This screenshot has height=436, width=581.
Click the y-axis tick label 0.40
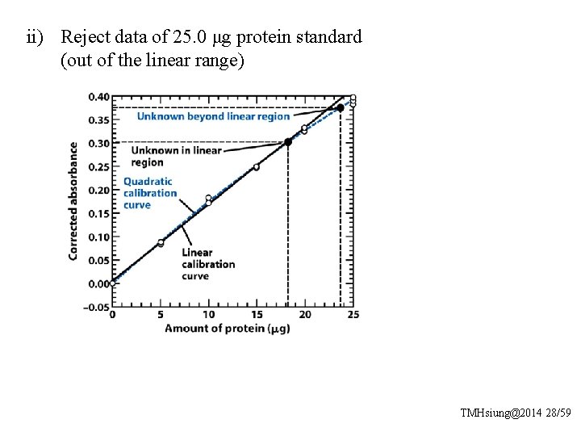pos(98,97)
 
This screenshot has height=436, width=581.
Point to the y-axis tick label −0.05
pos(97,308)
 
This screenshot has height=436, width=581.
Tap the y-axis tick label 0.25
pos(98,167)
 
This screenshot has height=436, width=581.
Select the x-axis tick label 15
pos(257,315)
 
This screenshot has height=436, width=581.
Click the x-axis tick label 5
pos(161,315)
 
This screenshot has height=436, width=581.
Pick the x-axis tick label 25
pos(353,315)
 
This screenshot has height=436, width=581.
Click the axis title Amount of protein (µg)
pos(227,329)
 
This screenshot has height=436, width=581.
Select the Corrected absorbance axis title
pos(73,201)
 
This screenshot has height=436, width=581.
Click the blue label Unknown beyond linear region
pos(213,116)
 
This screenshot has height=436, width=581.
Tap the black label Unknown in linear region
pos(175,156)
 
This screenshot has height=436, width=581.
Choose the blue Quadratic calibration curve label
pos(149,193)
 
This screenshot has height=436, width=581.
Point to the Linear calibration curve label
pos(207,264)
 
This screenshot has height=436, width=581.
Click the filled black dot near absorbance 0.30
pos(288,142)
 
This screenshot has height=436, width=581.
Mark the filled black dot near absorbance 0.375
pos(340,108)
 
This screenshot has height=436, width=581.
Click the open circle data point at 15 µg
pos(257,167)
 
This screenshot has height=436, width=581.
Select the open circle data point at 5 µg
pos(161,242)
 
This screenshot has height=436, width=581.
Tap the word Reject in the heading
pos(83,37)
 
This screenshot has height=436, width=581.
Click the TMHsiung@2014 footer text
pos(499,413)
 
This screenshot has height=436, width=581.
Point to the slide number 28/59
pos(557,413)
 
